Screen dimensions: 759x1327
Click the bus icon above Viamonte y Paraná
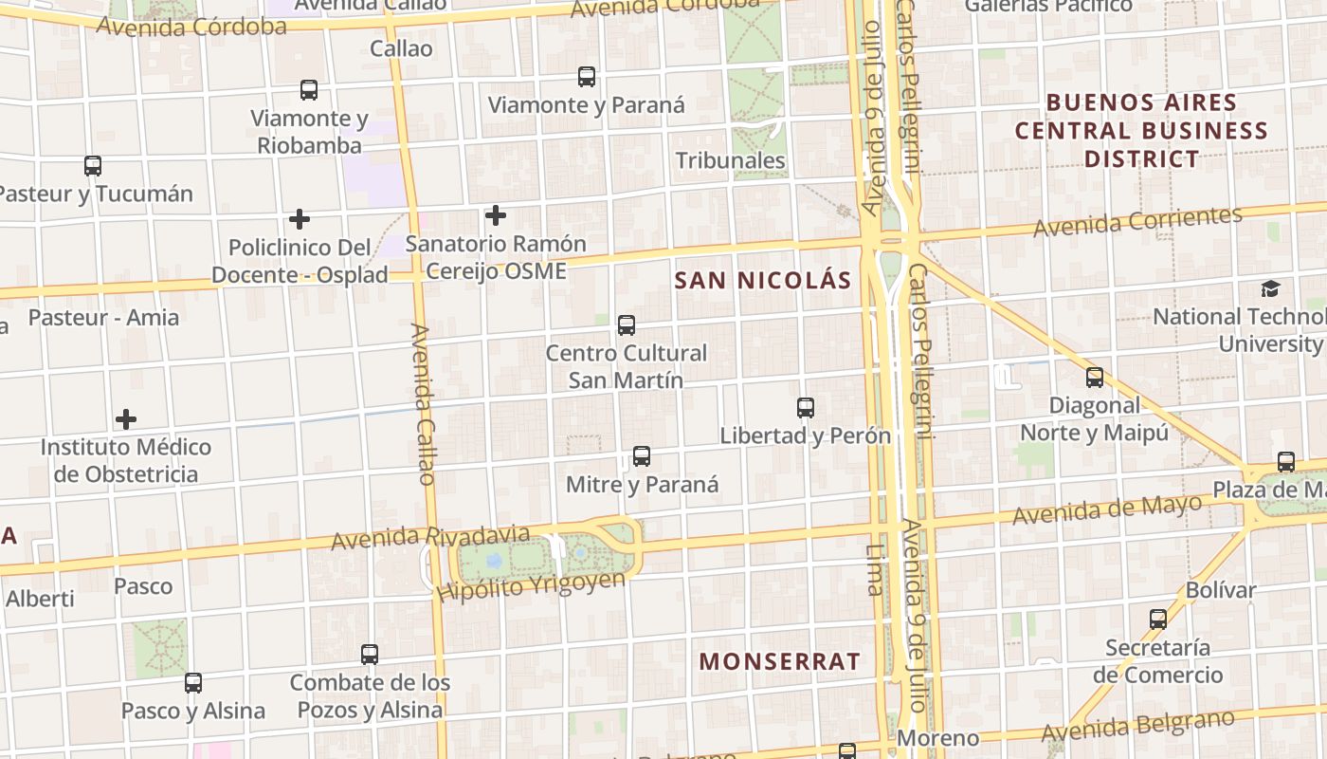point(587,77)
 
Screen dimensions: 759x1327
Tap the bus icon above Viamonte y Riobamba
point(309,90)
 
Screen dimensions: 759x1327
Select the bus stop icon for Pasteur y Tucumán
point(93,166)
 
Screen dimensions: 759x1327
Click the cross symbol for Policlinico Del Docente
point(300,219)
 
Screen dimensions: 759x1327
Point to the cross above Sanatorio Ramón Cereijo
point(495,215)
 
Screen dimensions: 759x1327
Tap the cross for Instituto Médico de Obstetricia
point(126,418)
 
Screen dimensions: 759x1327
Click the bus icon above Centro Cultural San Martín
point(627,325)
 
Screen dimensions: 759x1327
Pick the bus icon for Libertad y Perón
point(806,408)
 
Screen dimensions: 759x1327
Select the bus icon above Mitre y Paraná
point(642,456)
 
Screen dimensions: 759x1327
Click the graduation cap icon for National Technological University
point(1270,288)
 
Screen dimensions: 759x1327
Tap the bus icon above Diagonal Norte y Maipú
point(1095,378)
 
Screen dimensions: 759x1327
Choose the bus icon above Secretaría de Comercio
point(1158,620)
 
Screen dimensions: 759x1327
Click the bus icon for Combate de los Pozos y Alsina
point(370,655)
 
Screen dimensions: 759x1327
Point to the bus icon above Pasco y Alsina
point(193,682)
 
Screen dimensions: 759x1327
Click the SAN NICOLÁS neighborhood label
point(763,280)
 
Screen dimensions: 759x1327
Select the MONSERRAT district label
point(780,661)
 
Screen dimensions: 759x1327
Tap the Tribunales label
point(731,160)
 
